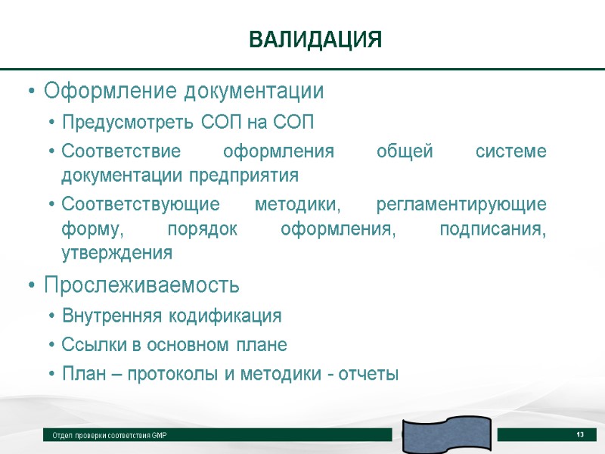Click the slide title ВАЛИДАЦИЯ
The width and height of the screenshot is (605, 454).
(315, 39)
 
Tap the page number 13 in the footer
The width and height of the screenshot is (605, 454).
(580, 434)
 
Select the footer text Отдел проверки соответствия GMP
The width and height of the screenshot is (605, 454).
(110, 437)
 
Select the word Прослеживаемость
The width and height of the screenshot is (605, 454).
(141, 286)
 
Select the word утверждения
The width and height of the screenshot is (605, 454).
(116, 252)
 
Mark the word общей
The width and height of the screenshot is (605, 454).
(405, 151)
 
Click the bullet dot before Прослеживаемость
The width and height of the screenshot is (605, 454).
(30, 287)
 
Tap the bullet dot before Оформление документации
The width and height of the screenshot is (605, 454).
(30, 93)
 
